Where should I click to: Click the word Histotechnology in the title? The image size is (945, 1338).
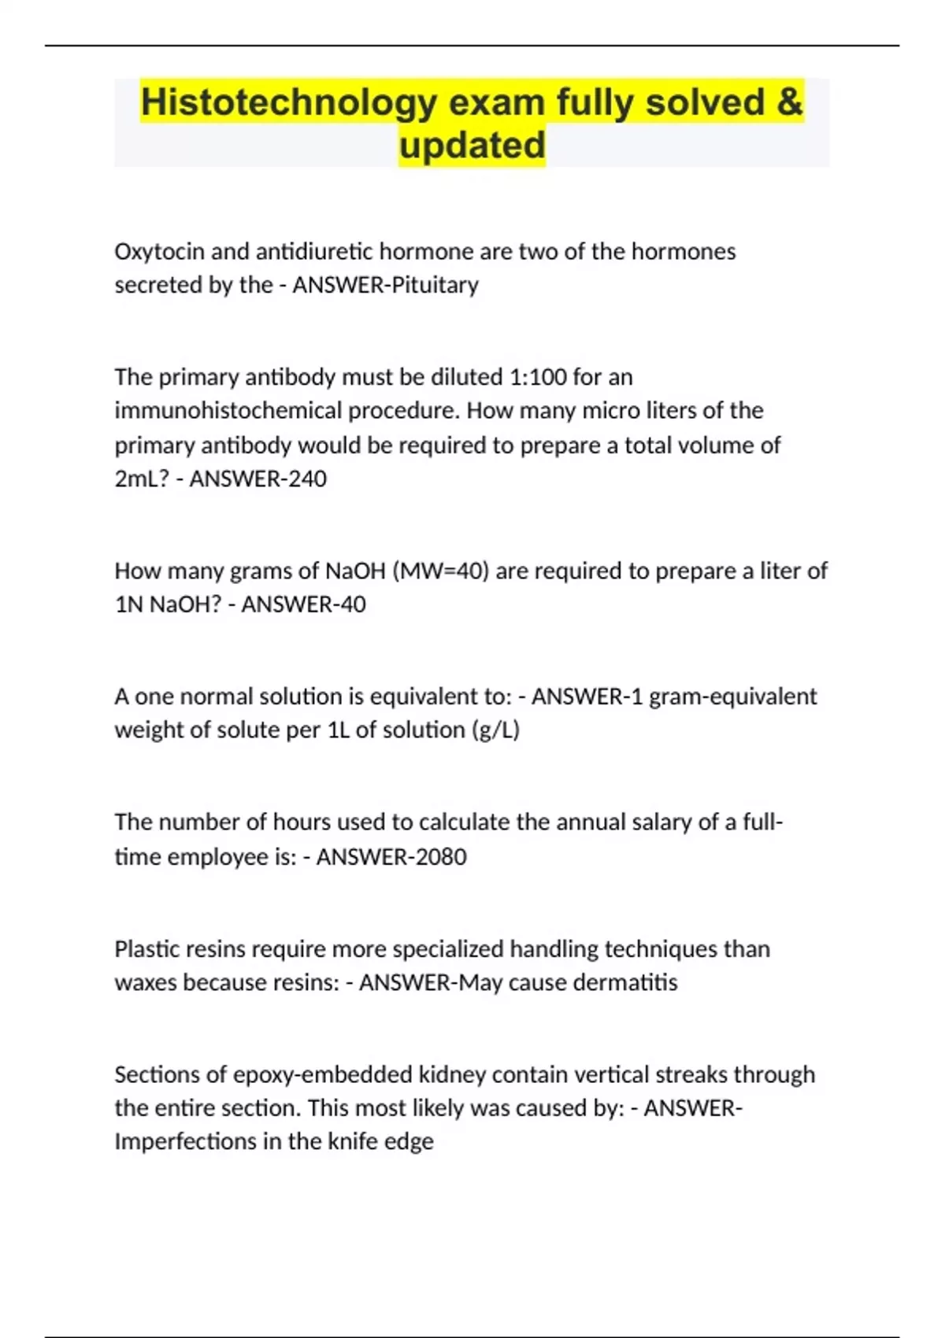(x=288, y=103)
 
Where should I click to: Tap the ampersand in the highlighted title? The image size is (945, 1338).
(x=789, y=102)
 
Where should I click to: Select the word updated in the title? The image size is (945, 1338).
(x=472, y=146)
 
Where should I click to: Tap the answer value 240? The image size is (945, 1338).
(x=306, y=479)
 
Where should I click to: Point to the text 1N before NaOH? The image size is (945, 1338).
(x=128, y=604)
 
